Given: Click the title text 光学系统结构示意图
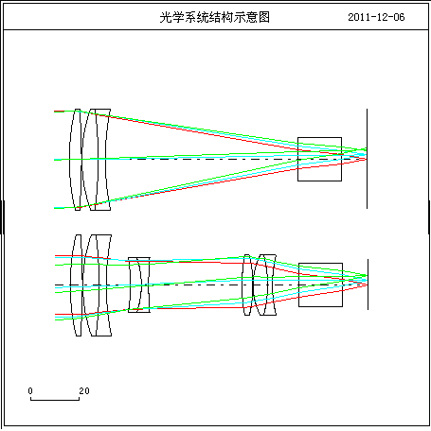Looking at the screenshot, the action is (x=215, y=17).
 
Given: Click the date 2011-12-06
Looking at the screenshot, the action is (x=376, y=17).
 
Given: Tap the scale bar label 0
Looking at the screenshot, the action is (x=30, y=391).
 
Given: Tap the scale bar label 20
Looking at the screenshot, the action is (x=84, y=391).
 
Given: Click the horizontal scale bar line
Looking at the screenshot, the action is (x=55, y=400).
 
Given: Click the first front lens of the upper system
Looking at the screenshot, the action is (x=76, y=160).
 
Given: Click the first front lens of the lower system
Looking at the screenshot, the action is (x=77, y=285).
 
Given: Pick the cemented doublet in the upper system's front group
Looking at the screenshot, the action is (x=97, y=160).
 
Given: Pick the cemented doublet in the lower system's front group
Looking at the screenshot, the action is (x=98, y=285).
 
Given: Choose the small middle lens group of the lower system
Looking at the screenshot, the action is (x=139, y=284).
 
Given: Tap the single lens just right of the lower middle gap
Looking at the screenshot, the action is (x=247, y=284).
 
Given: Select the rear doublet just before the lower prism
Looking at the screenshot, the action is (x=265, y=284).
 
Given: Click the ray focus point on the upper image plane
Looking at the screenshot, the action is (x=366, y=154).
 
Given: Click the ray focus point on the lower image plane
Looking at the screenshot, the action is (x=367, y=280).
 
